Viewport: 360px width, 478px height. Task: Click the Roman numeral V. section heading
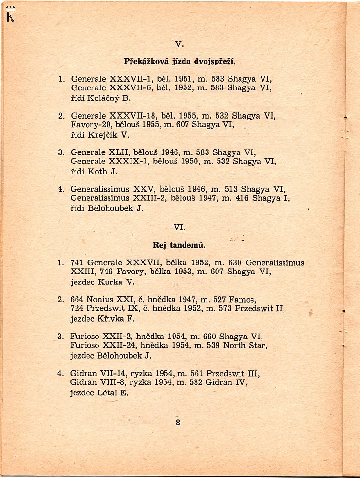coord(179,44)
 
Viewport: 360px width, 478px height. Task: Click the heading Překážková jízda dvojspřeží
coord(180,62)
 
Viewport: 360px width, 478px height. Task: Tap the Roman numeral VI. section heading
coord(179,228)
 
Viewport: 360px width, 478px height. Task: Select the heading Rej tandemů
coord(179,245)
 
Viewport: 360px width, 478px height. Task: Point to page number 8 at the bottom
coord(178,422)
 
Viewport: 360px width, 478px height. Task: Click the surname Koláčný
coord(104,98)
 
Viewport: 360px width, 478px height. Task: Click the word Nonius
coord(100,300)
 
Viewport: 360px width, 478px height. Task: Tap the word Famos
coord(232,300)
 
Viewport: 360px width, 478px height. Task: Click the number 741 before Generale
coord(77,263)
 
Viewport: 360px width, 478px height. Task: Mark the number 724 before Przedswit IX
coord(77,308)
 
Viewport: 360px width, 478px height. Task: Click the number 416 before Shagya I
coord(242,198)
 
